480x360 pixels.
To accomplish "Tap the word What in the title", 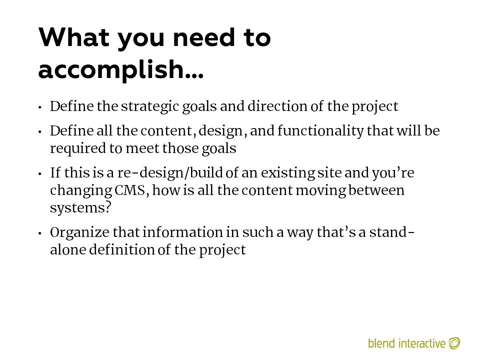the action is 74,37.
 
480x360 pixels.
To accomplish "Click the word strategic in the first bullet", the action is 149,107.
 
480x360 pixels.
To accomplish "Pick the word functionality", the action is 320,131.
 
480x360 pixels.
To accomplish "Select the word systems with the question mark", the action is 80,208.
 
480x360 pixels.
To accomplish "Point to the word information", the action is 182,232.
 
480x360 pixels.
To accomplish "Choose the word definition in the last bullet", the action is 121,250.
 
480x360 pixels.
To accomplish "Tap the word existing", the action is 287,173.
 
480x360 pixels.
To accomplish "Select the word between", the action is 376,190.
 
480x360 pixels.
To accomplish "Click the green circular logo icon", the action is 454,343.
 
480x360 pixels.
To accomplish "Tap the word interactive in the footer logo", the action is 422,343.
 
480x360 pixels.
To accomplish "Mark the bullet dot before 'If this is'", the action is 40,174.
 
